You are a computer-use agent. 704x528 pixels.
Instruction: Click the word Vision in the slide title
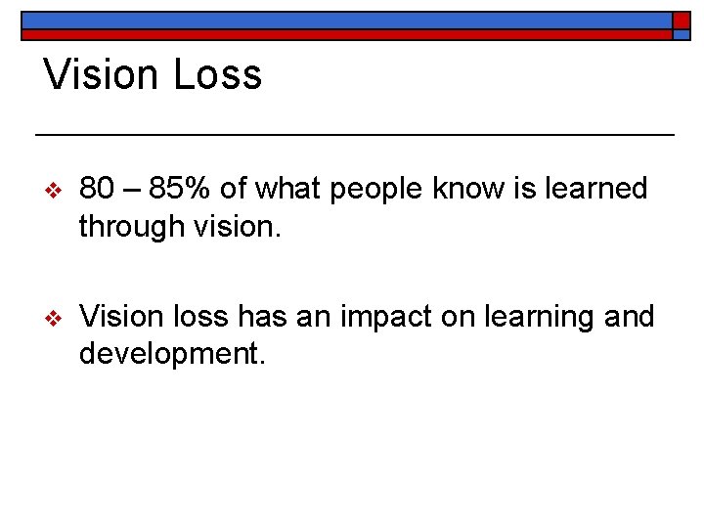103,75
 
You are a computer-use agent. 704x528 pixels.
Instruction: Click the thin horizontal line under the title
354,133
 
